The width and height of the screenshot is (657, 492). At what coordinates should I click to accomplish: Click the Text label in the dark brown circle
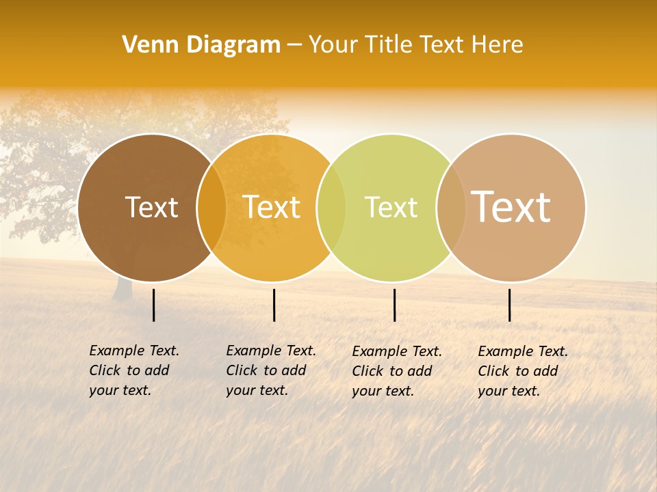point(152,207)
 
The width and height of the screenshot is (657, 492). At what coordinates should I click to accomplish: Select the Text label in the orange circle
point(272,207)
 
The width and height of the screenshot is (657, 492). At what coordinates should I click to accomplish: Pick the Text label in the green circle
point(391,207)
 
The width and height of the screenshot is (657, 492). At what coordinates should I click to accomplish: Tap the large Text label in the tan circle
point(511,206)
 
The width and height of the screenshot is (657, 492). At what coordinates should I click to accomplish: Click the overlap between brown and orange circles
point(211,208)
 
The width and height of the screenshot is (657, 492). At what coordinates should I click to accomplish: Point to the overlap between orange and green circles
point(331,208)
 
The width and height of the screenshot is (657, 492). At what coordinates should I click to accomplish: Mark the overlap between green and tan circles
point(450,208)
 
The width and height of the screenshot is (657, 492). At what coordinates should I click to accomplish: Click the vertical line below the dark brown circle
point(153,305)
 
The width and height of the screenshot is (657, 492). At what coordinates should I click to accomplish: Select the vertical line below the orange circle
point(274,305)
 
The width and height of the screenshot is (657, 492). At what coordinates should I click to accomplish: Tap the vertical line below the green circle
point(395,305)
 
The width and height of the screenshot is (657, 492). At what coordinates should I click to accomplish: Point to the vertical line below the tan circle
point(510,305)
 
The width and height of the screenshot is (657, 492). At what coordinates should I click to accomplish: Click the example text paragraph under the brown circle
point(133,370)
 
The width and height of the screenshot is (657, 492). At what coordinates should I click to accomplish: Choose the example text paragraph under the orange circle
point(270,370)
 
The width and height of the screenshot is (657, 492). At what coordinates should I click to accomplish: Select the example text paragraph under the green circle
point(396,371)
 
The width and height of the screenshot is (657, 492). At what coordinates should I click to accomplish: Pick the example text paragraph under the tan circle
point(522,371)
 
